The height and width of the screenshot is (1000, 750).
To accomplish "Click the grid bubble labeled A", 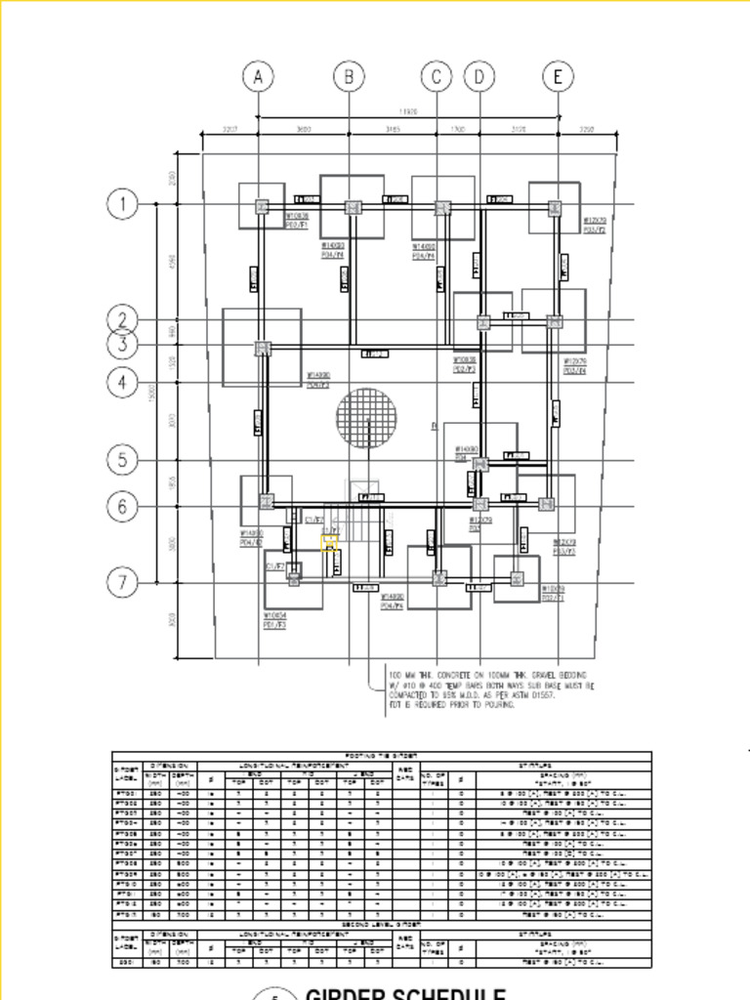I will [258, 76].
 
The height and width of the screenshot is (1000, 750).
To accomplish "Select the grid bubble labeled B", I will [349, 76].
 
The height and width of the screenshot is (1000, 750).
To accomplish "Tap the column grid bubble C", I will [437, 76].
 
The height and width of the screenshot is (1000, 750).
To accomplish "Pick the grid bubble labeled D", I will [479, 76].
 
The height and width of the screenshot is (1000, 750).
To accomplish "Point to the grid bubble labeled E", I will [558, 76].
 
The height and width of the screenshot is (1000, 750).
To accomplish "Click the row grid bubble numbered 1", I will [123, 204].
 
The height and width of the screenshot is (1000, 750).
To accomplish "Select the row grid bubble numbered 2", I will [123, 319].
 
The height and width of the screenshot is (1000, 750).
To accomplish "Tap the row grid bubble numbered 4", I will [123, 382].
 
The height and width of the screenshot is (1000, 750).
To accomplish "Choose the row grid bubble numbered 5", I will [123, 459].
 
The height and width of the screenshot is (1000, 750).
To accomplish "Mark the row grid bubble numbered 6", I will [123, 506].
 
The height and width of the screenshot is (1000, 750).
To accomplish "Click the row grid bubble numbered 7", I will [123, 583].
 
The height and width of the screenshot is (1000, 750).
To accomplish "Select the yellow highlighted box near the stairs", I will [330, 543].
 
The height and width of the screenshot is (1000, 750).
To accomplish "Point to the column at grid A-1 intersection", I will [262, 206].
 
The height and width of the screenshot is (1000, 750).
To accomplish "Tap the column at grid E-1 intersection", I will [555, 207].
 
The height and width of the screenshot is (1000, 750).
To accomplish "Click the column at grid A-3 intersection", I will [262, 348].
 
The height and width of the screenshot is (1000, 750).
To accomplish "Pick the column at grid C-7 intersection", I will [439, 578].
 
